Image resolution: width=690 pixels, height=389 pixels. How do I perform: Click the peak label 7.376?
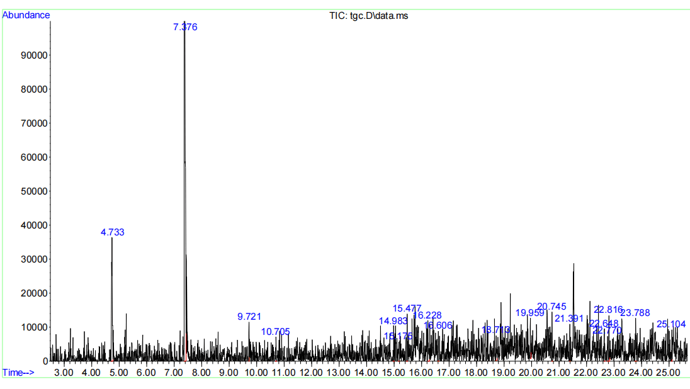tap(185, 27)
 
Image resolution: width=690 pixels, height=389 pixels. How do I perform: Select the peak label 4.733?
tap(113, 232)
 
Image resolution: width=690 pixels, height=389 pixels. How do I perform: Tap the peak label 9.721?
tap(249, 317)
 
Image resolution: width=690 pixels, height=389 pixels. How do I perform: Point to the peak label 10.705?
tap(276, 332)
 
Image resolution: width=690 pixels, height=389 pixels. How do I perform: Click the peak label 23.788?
tap(635, 313)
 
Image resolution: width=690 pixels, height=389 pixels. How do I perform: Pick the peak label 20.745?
tap(551, 307)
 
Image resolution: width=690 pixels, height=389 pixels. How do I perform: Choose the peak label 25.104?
tap(671, 324)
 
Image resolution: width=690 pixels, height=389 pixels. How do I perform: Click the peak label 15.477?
tap(407, 308)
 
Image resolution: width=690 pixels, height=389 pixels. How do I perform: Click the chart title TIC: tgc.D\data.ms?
tap(369, 15)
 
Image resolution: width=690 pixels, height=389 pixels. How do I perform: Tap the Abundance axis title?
tap(26, 15)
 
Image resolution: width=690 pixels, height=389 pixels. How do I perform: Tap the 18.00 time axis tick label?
tap(477, 373)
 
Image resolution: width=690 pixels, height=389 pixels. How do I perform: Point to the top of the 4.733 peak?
tap(111, 238)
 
